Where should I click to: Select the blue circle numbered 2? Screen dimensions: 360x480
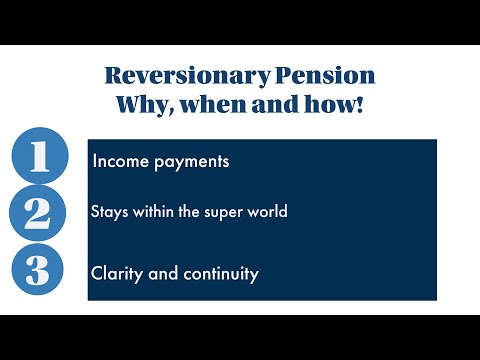[x=39, y=213]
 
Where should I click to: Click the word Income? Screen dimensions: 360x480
[x=119, y=160]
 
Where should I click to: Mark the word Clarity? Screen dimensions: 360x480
[x=114, y=272]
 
